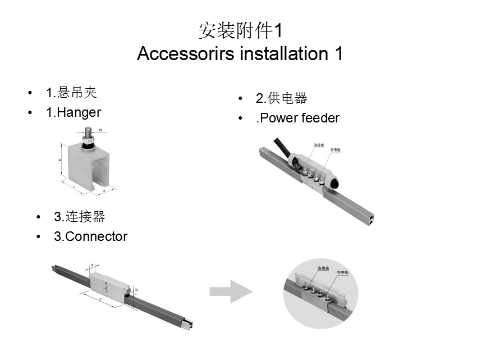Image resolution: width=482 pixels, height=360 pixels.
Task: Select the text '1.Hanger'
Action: point(74,112)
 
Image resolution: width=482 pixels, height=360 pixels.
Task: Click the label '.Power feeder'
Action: point(297,118)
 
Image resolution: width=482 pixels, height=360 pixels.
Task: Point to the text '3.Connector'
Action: point(90,236)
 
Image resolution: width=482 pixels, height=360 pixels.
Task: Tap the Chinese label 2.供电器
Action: point(282,99)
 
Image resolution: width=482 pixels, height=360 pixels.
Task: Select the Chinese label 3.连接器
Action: point(80,217)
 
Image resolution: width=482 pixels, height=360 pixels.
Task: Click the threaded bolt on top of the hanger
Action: point(88,136)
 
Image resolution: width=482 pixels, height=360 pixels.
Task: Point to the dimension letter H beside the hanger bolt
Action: point(100,130)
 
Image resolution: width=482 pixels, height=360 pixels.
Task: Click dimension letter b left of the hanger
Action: point(61,160)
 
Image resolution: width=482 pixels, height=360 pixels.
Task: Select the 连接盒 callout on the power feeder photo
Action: point(318,145)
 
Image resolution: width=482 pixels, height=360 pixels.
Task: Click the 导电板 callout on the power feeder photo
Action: point(336,150)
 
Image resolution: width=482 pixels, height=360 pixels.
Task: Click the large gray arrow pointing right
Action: point(231,291)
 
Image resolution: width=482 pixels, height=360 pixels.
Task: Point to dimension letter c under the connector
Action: point(100,301)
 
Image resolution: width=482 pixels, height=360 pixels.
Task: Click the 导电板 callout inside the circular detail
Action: point(343,272)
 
